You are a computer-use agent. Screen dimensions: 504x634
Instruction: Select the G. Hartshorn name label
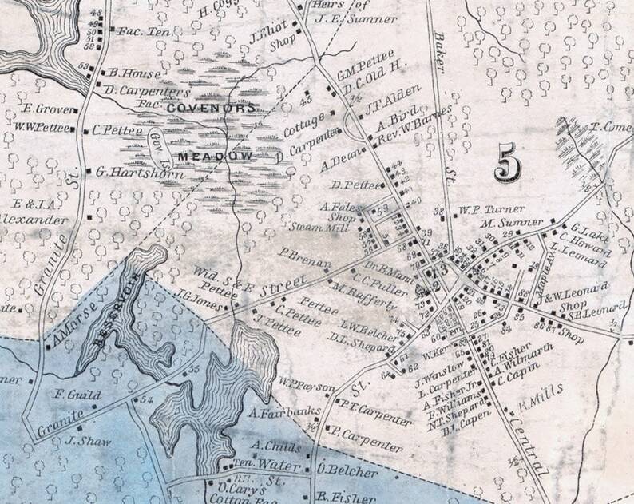click(131, 171)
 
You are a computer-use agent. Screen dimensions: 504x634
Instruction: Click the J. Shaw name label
click(80, 440)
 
